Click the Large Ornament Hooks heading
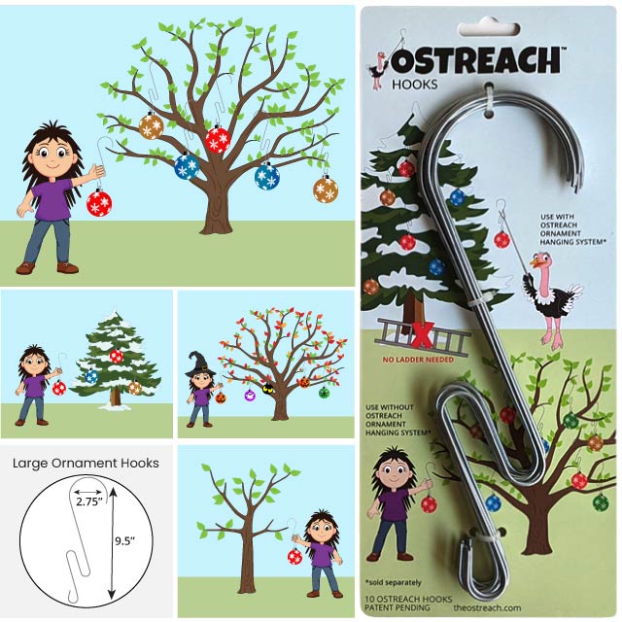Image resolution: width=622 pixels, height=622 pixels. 86,463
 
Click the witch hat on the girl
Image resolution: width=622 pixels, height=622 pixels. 200,363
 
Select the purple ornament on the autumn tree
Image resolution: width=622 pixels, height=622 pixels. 250,395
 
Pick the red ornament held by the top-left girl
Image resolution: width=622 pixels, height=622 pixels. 99,202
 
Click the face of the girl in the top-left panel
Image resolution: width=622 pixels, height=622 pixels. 51,155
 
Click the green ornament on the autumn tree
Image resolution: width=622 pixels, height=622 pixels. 324,392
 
